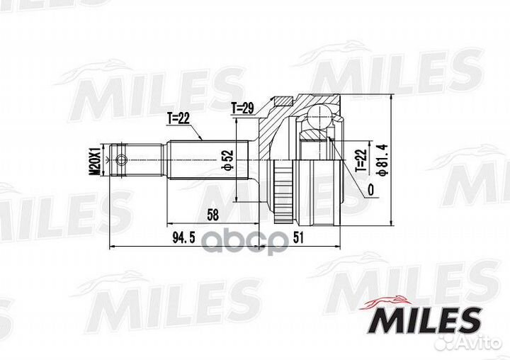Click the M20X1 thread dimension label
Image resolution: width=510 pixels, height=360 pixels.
coord(95,160)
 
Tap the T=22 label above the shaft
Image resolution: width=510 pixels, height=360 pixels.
coord(178,118)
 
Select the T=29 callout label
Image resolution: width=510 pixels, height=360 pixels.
coord(242,108)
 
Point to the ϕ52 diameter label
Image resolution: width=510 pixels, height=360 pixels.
coord(229,160)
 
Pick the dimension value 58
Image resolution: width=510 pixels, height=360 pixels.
coord(212,215)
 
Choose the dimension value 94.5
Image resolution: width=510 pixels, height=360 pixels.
coord(183,238)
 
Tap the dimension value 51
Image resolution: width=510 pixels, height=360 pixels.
coord(298,237)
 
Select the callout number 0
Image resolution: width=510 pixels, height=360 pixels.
coord(370,189)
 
